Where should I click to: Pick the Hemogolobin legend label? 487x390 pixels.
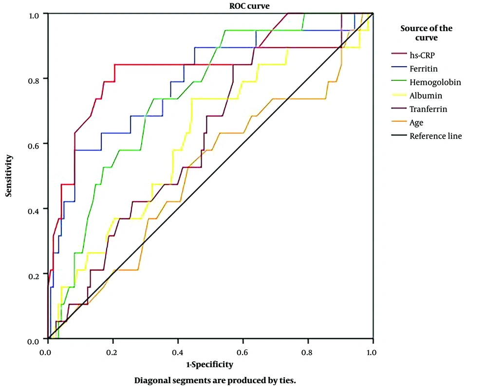click(x=435, y=82)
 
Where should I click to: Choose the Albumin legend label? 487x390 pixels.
click(x=426, y=96)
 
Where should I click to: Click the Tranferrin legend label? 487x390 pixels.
click(x=428, y=109)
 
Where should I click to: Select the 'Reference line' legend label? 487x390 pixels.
click(x=435, y=136)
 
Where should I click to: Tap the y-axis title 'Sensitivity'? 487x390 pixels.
click(x=8, y=176)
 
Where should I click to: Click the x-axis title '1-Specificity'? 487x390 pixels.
click(x=209, y=364)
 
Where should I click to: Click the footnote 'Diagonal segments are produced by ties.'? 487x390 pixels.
click(x=215, y=380)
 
